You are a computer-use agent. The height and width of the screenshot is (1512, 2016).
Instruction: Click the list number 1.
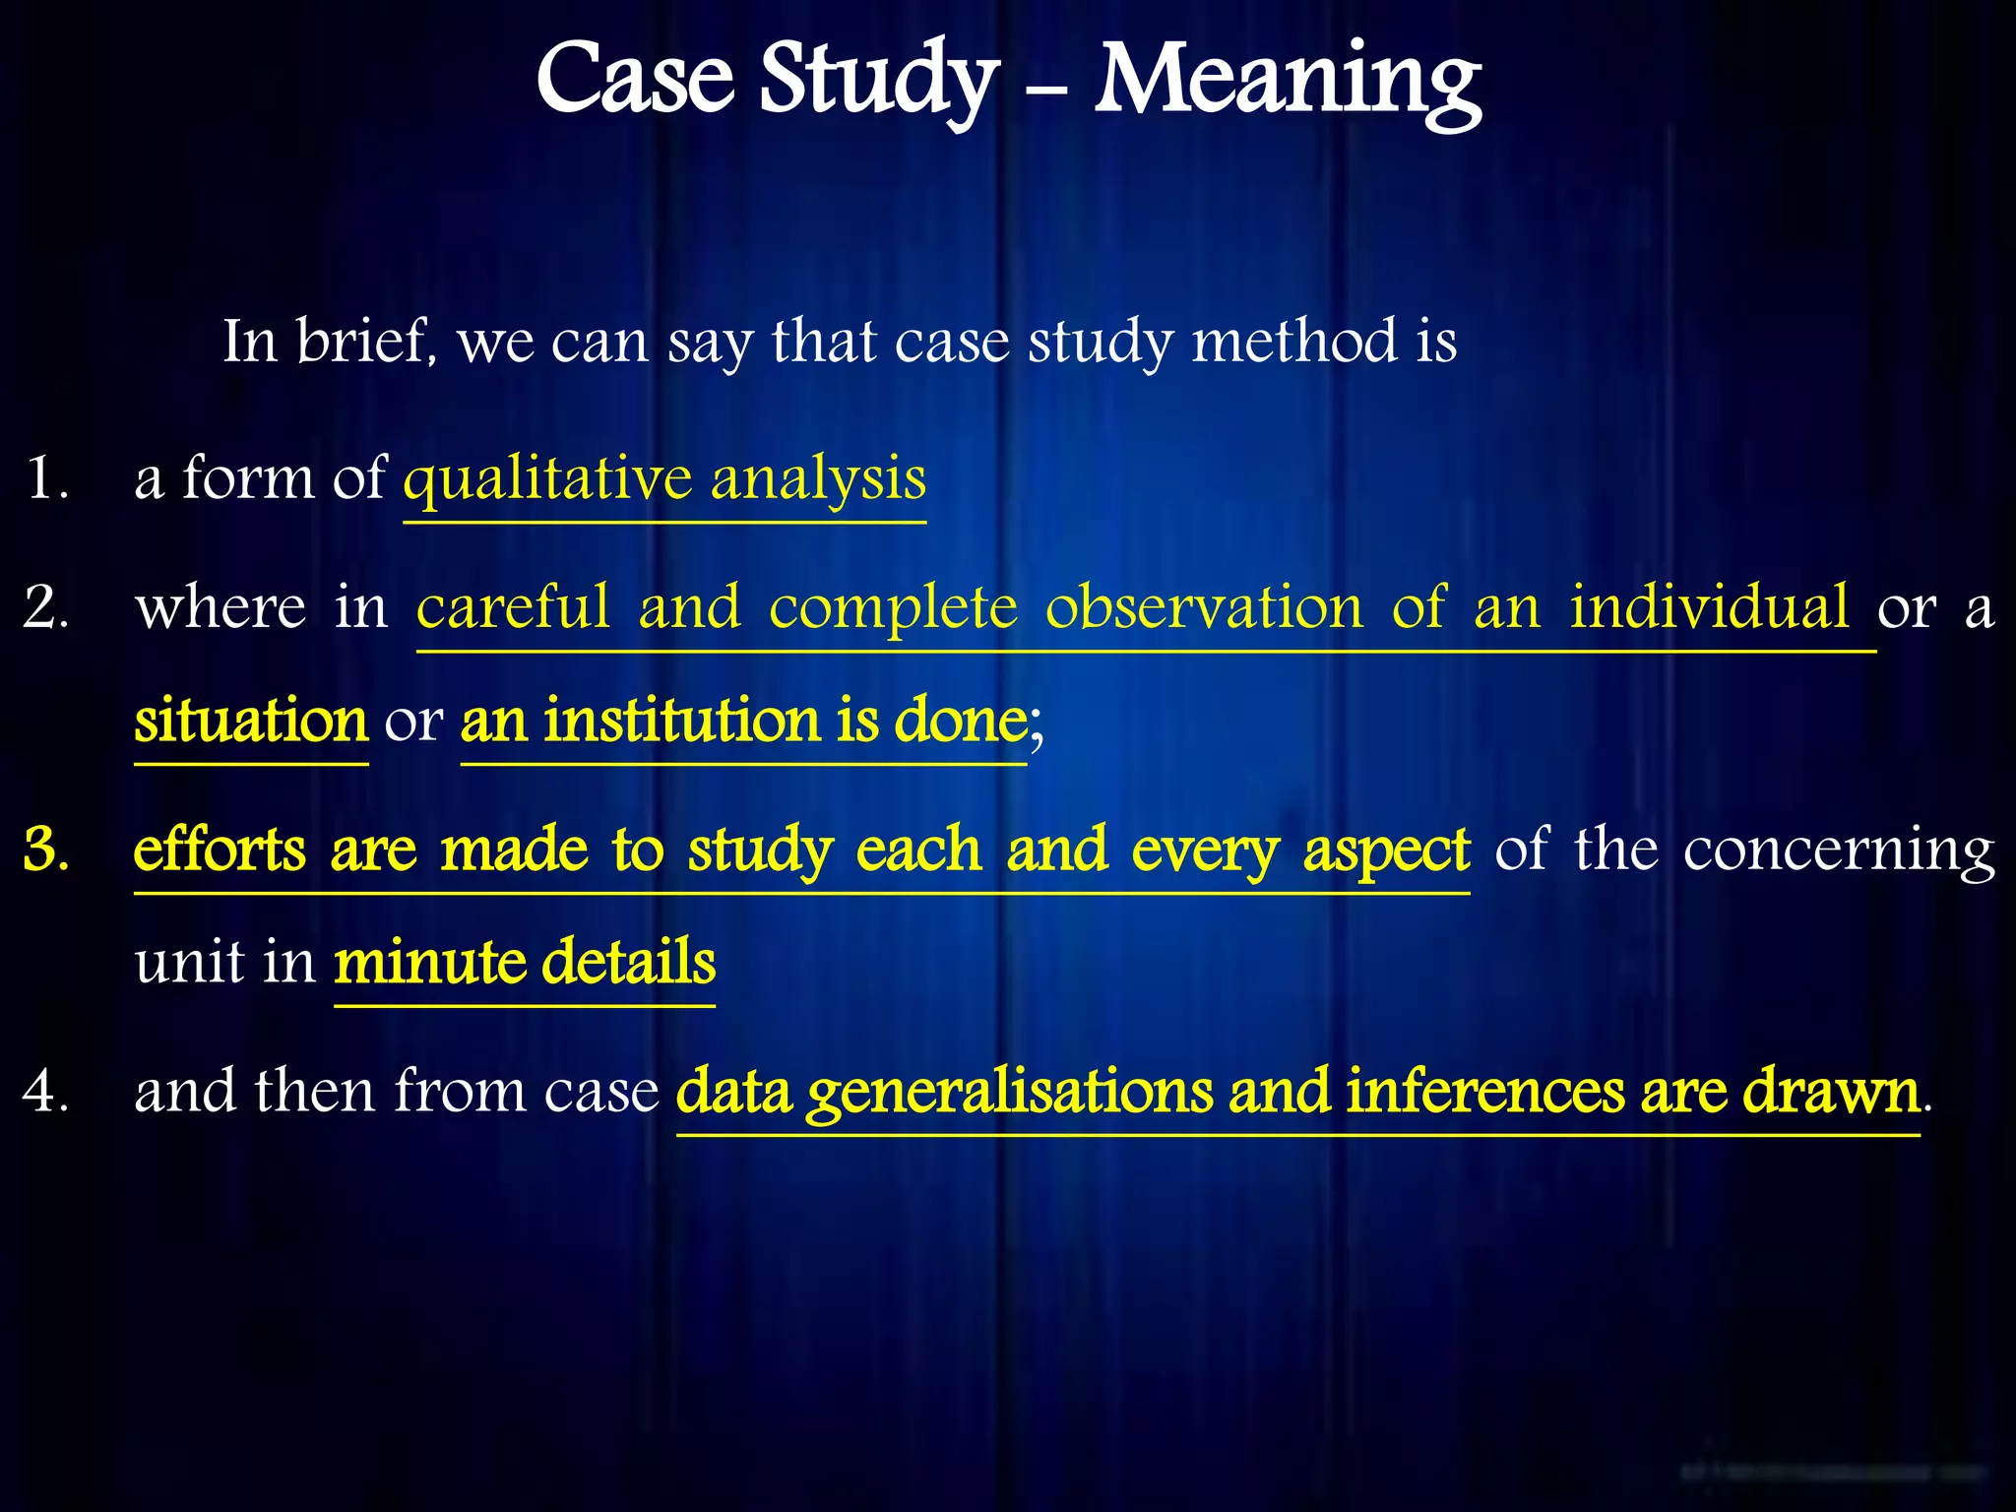tap(44, 479)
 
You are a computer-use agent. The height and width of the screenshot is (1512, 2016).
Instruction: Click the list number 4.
tap(45, 1092)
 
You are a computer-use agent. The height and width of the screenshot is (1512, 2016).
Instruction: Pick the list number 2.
tap(45, 607)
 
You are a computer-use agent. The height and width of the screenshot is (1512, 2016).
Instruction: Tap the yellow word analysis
tap(818, 479)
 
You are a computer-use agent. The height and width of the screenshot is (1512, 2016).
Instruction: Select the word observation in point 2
tap(1204, 607)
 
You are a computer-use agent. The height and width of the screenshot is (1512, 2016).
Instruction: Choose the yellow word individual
tap(1710, 607)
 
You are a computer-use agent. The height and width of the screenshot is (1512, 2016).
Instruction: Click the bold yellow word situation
tap(251, 721)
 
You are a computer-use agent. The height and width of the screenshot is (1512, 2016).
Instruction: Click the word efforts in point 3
tap(220, 849)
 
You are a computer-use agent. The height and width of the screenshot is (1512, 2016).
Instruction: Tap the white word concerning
tap(1839, 849)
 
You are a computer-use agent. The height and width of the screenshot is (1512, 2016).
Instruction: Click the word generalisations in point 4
tap(1010, 1092)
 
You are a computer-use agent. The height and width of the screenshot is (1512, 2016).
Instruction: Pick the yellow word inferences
tap(1485, 1092)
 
